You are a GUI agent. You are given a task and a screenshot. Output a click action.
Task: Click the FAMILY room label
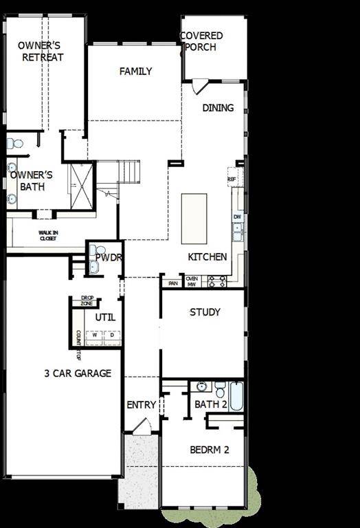click(x=135, y=71)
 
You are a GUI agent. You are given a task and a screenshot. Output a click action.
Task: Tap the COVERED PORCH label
click(x=201, y=41)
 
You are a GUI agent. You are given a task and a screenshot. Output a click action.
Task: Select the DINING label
click(x=218, y=108)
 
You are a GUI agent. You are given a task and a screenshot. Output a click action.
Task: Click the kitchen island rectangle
click(x=194, y=219)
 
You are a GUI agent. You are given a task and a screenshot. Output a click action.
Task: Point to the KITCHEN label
click(x=207, y=257)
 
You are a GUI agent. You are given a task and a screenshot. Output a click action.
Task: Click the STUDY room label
click(x=205, y=312)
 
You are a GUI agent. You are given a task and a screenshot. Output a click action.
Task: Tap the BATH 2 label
click(x=211, y=404)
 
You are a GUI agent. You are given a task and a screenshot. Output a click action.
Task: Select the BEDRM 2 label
click(x=209, y=450)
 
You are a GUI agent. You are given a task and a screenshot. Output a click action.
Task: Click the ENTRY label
click(x=142, y=405)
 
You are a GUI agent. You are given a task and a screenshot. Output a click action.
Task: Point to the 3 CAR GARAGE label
click(x=76, y=373)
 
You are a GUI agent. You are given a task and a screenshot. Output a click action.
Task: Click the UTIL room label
click(x=105, y=318)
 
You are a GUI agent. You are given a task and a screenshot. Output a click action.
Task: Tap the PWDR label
click(x=109, y=258)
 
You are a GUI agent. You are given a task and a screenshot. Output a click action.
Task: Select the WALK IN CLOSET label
click(x=48, y=236)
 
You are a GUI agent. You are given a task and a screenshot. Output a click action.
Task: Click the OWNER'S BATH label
click(x=31, y=180)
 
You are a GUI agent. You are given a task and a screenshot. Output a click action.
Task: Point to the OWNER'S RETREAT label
click(x=42, y=52)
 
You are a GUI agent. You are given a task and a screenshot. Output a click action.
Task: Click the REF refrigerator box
click(x=232, y=177)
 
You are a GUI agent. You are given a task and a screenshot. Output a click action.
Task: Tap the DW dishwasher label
click(x=236, y=217)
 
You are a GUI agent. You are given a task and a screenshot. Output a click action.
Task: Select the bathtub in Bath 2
click(x=236, y=397)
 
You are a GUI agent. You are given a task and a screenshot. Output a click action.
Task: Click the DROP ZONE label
click(x=87, y=301)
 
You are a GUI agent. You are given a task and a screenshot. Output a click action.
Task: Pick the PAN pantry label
click(x=172, y=283)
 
